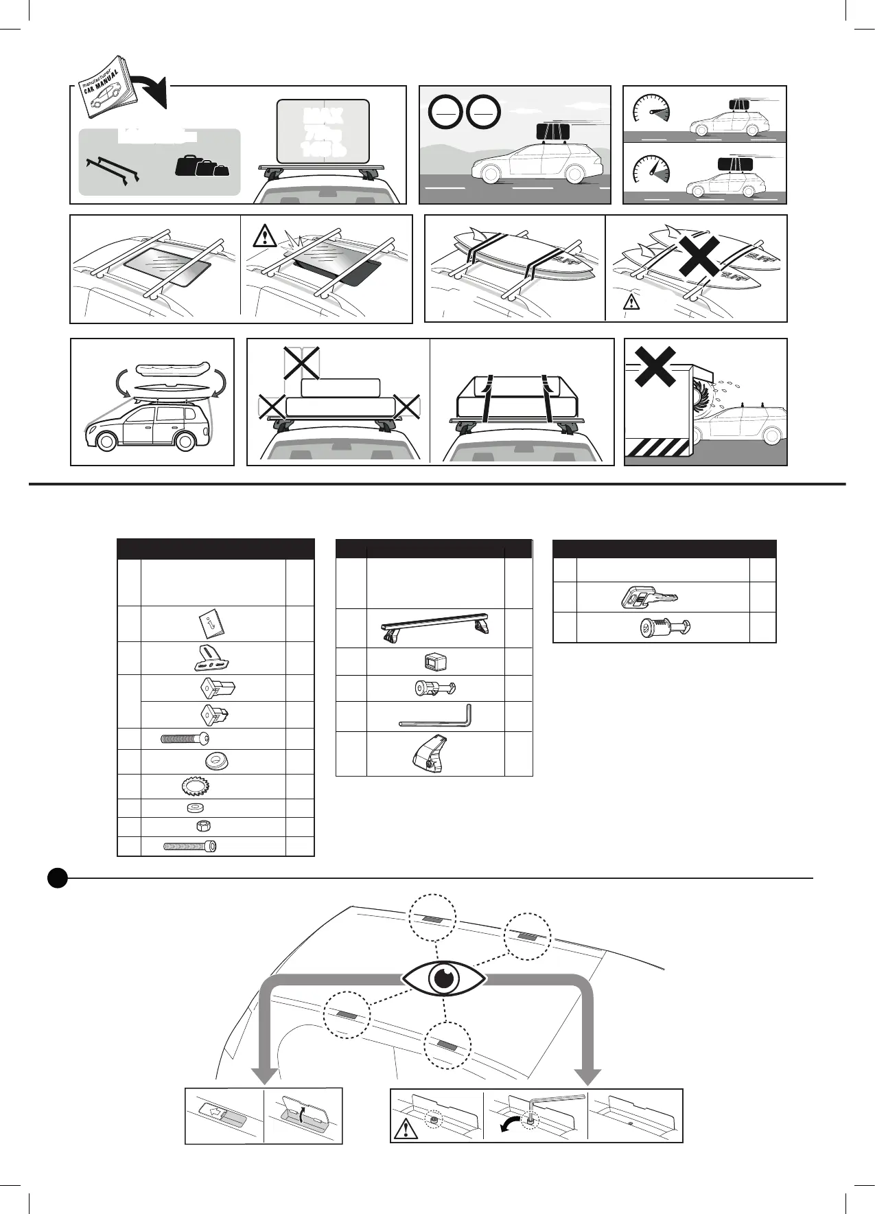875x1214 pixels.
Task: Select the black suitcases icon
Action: (x=202, y=165)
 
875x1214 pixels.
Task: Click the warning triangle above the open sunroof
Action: (x=263, y=236)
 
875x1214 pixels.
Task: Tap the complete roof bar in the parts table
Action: (x=436, y=628)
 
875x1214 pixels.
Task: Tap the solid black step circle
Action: (x=58, y=878)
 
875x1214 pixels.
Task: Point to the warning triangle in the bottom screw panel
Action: (x=407, y=1129)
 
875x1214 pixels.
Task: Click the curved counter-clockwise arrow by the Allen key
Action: (x=511, y=1127)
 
